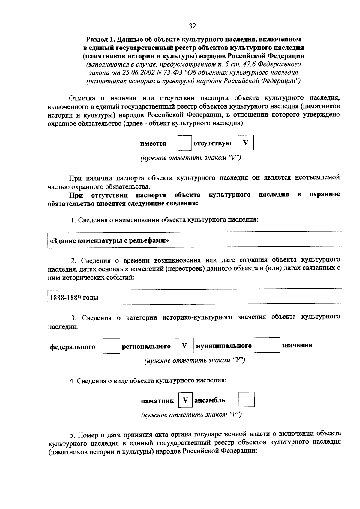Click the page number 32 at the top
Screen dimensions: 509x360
(x=192, y=26)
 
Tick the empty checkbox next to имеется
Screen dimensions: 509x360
(x=184, y=143)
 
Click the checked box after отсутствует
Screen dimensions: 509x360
(x=246, y=143)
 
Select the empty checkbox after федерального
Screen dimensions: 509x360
(x=111, y=346)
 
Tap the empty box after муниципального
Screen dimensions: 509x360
(x=267, y=345)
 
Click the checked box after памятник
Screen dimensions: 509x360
(x=185, y=400)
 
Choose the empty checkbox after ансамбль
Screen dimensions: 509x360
(x=247, y=400)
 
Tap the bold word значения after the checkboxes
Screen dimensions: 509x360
(x=297, y=345)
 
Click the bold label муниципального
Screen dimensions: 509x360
(x=223, y=346)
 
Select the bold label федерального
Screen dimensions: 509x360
(x=73, y=347)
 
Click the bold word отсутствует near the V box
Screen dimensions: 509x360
(x=213, y=143)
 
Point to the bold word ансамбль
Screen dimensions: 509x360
(x=210, y=400)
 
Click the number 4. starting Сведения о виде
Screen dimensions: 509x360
(x=72, y=381)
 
